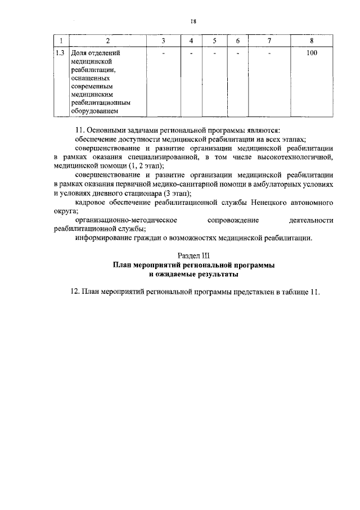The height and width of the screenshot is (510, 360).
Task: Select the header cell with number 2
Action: tap(108, 41)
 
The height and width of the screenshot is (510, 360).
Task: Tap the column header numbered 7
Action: tap(269, 41)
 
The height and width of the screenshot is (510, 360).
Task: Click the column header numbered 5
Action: tap(214, 41)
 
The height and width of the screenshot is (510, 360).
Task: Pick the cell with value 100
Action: tap(312, 53)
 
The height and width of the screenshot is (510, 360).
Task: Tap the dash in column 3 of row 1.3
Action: tap(163, 53)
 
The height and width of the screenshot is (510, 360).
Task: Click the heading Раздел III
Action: tap(193, 256)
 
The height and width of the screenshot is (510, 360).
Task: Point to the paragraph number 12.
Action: tap(74, 293)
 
